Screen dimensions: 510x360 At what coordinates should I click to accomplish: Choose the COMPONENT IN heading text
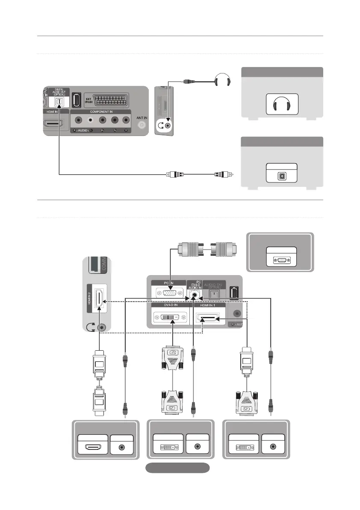click(x=101, y=111)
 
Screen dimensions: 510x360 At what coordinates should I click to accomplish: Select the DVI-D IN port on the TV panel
click(x=169, y=319)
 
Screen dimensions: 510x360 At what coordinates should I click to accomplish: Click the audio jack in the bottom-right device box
click(x=273, y=447)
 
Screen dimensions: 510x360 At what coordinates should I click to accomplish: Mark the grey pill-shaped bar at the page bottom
click(x=177, y=468)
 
